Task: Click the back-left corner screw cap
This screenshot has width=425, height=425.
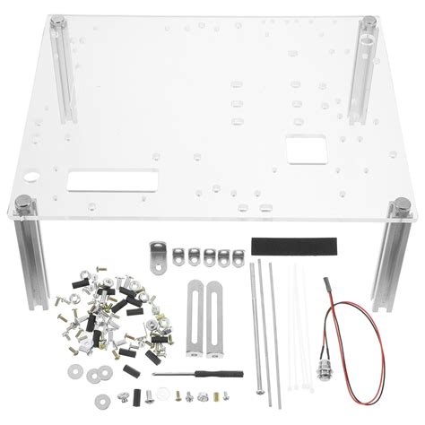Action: pos(60,21)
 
